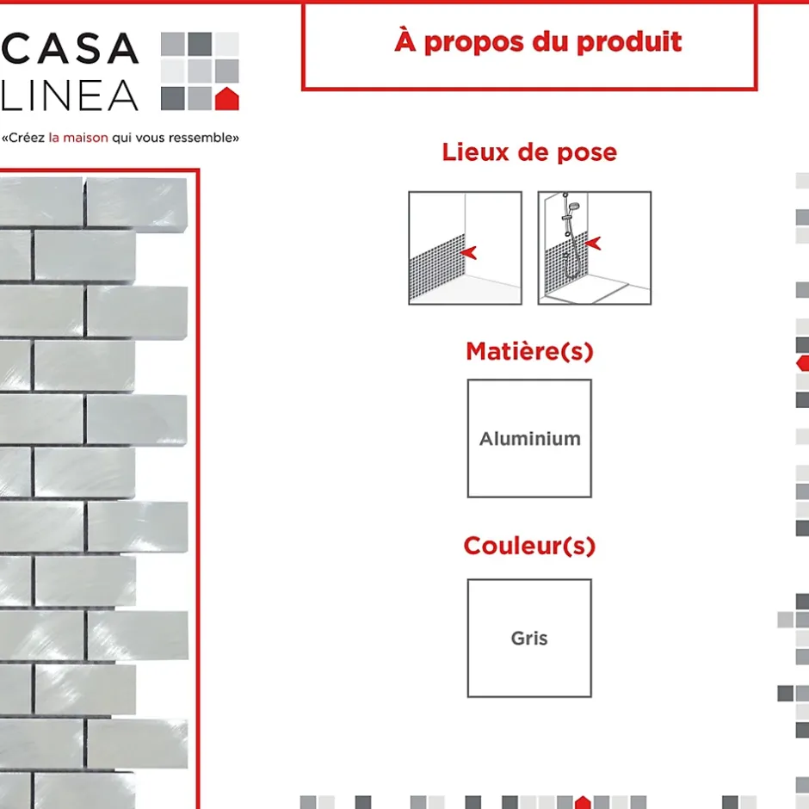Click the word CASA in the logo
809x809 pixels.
tap(71, 48)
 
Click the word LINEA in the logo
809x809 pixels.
tap(71, 96)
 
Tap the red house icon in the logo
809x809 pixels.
tap(226, 99)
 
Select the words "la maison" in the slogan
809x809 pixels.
tap(78, 138)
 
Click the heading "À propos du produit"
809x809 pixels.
tap(538, 42)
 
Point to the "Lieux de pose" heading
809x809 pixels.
tap(529, 152)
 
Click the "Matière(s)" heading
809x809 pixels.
tap(529, 351)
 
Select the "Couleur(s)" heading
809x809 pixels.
tap(529, 546)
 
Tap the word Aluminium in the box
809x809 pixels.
tap(530, 439)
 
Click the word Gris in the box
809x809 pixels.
tap(529, 639)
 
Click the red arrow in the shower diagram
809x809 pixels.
tap(593, 243)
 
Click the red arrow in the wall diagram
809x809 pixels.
tap(468, 252)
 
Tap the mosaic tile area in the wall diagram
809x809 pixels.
tap(437, 268)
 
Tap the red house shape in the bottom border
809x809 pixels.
tap(583, 802)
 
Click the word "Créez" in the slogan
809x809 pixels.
tap(27, 138)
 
